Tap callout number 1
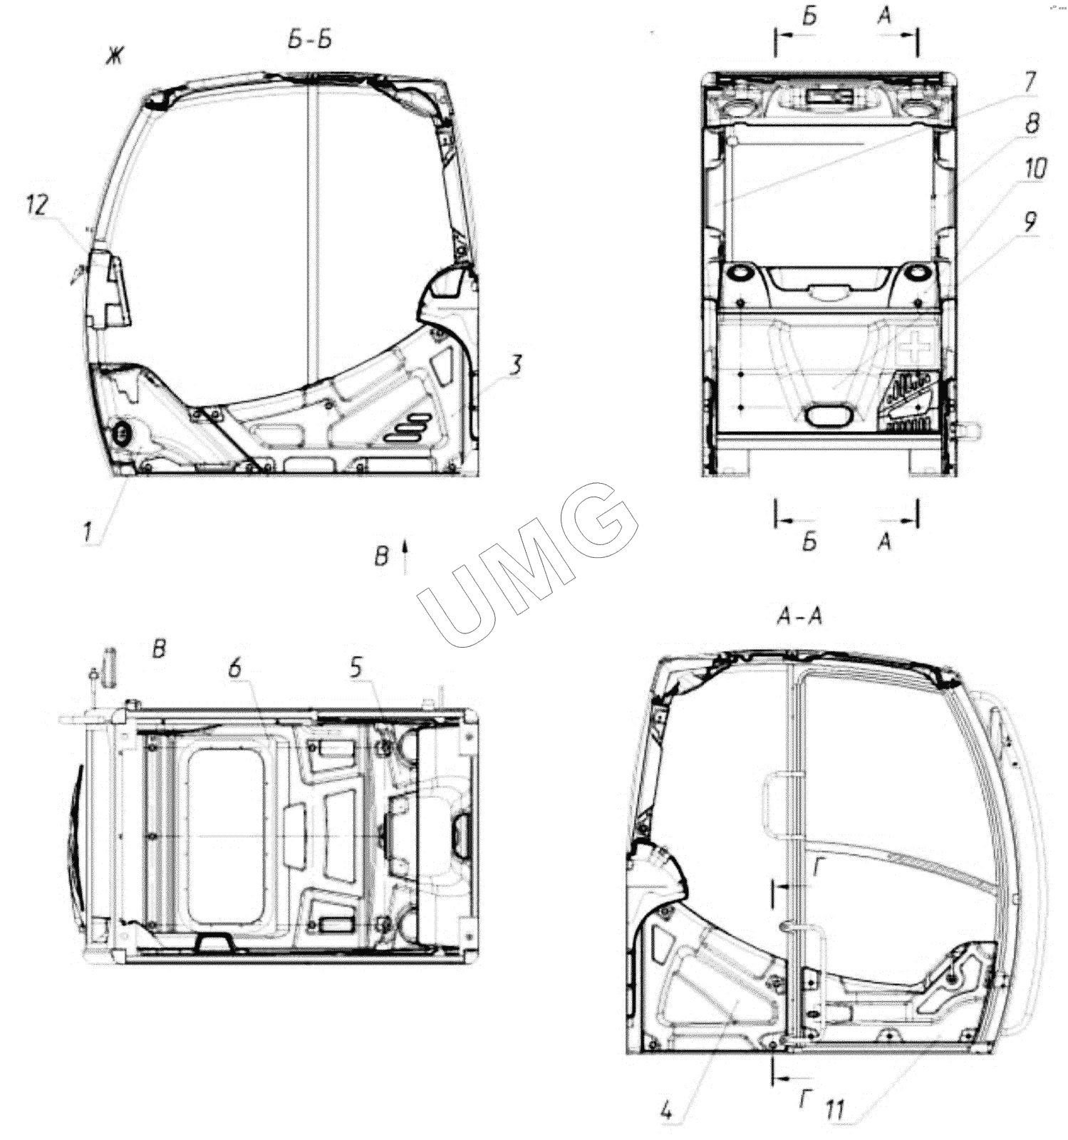[x=88, y=531]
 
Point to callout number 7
[x=1029, y=81]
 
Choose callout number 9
[x=1030, y=222]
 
